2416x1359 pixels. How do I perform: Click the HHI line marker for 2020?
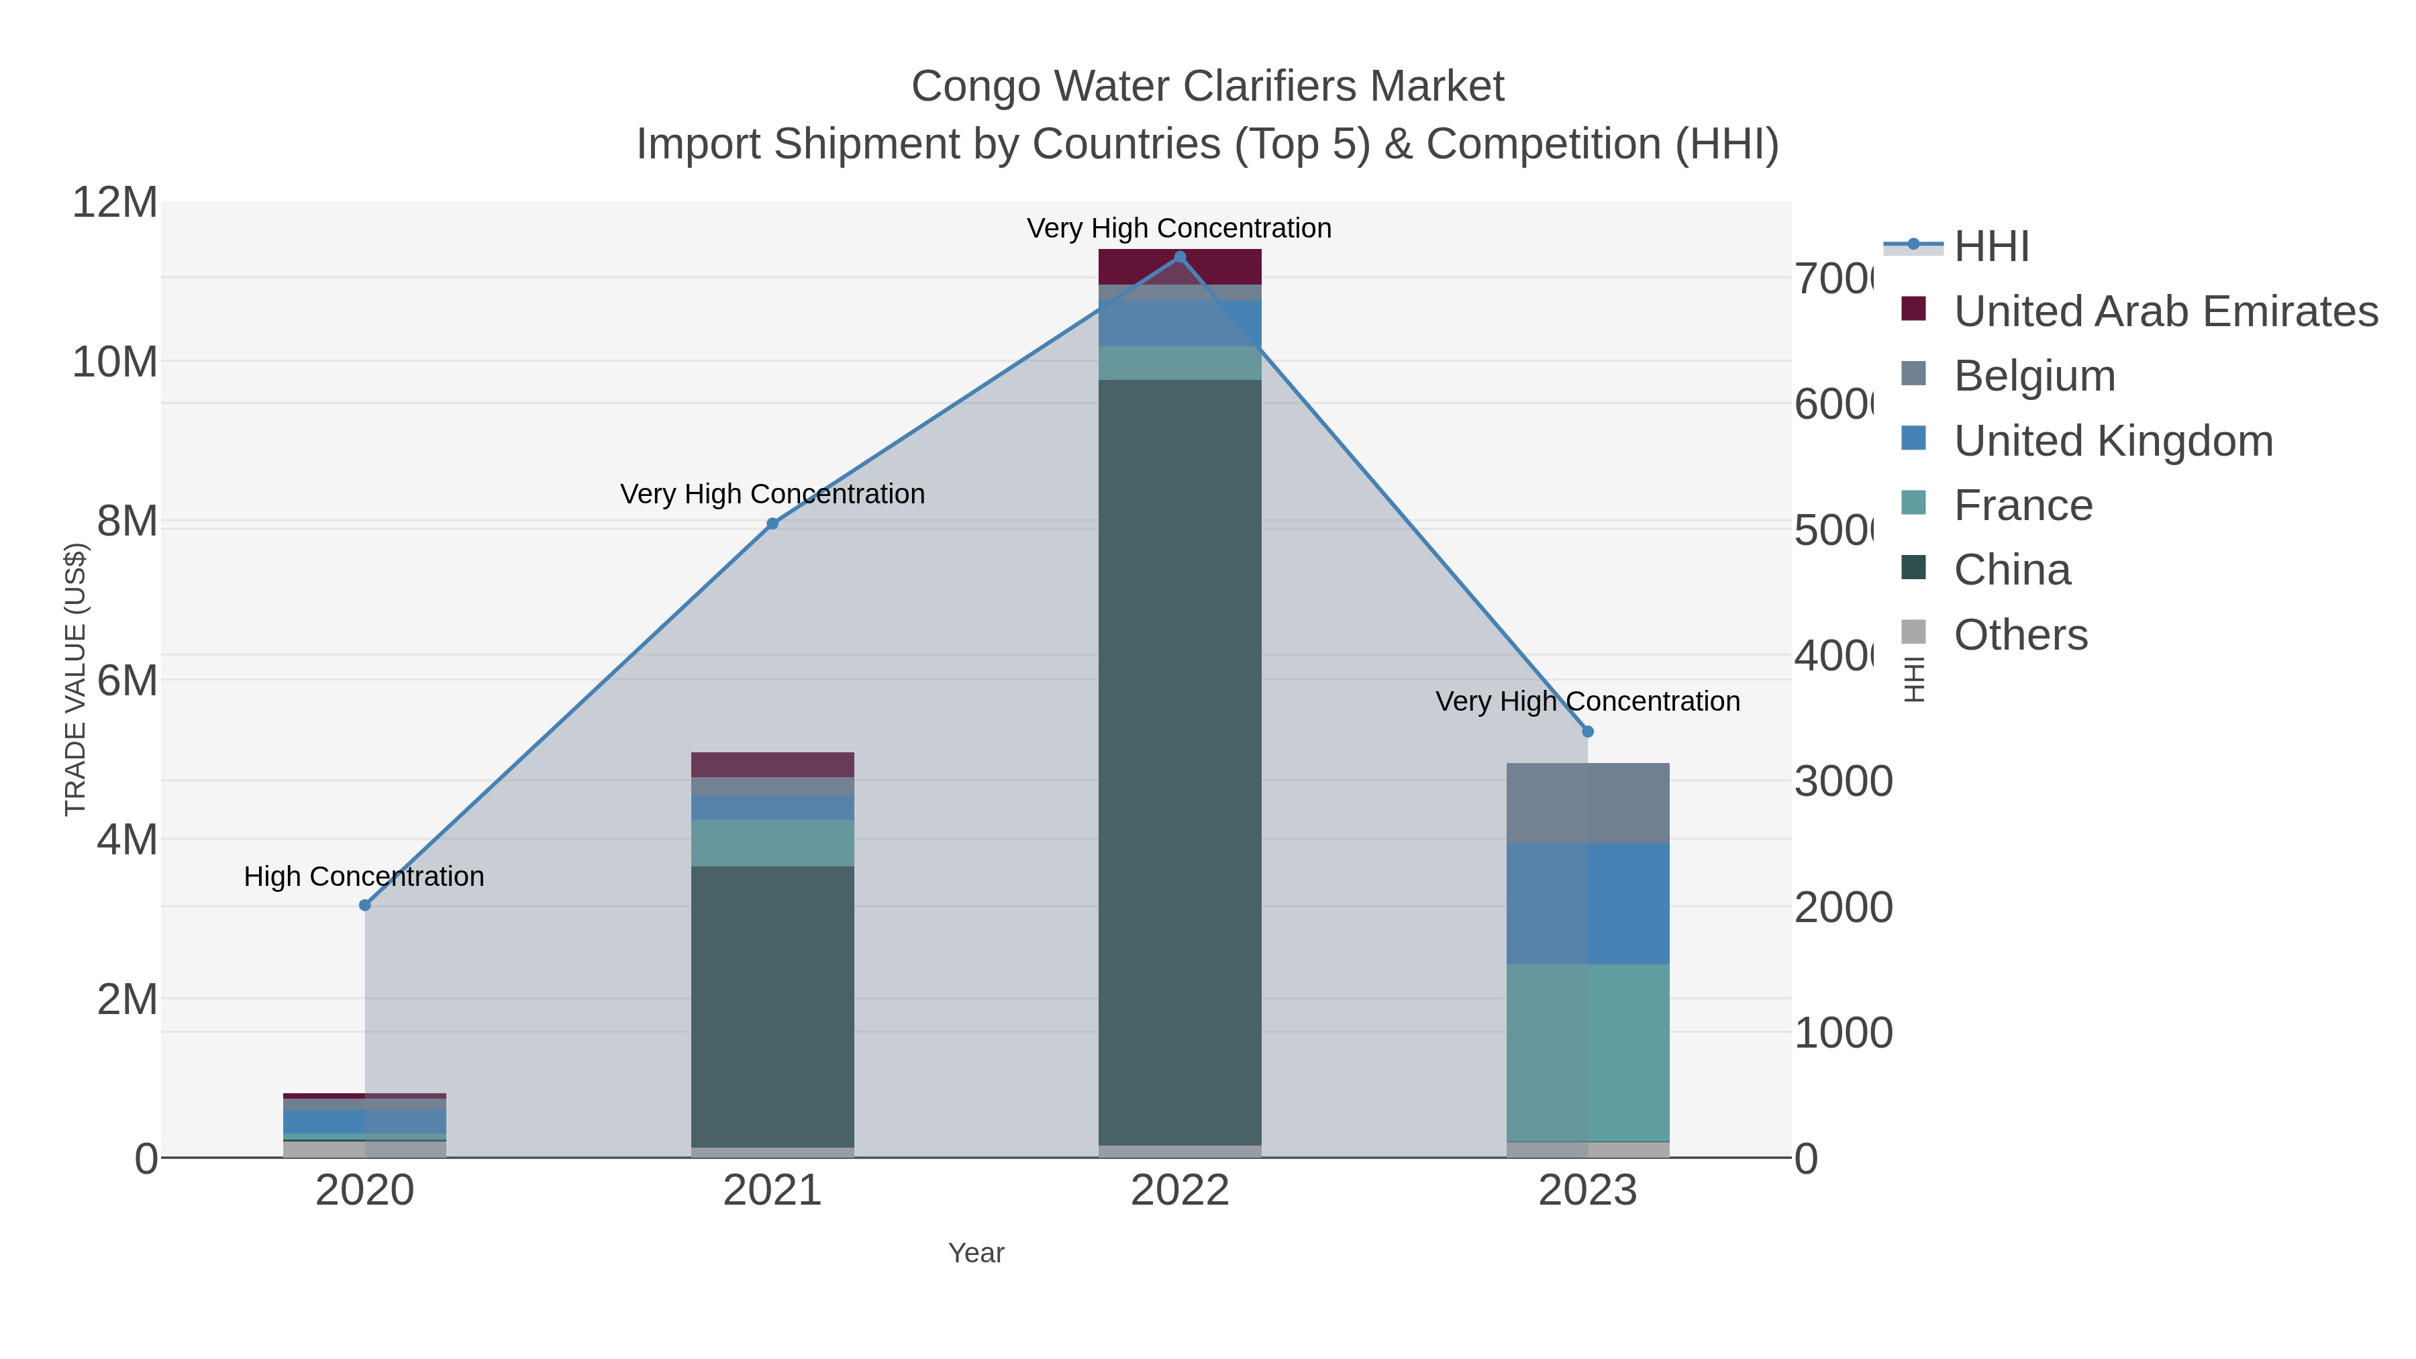pos(365,905)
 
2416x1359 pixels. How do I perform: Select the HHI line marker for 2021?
pos(773,523)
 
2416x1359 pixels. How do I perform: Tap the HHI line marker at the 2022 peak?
pos(1180,257)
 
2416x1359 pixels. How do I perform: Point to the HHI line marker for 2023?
pos(1588,732)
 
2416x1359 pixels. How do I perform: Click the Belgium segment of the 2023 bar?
pos(1588,803)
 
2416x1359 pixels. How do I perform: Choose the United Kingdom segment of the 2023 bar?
pos(1588,903)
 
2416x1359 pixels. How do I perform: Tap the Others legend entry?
pos(2020,635)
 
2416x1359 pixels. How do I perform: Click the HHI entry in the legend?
pos(1991,247)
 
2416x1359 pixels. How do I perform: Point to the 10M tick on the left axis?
pos(114,362)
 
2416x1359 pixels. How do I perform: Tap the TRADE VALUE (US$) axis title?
pos(75,679)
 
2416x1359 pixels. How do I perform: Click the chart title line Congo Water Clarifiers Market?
pos(1207,87)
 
